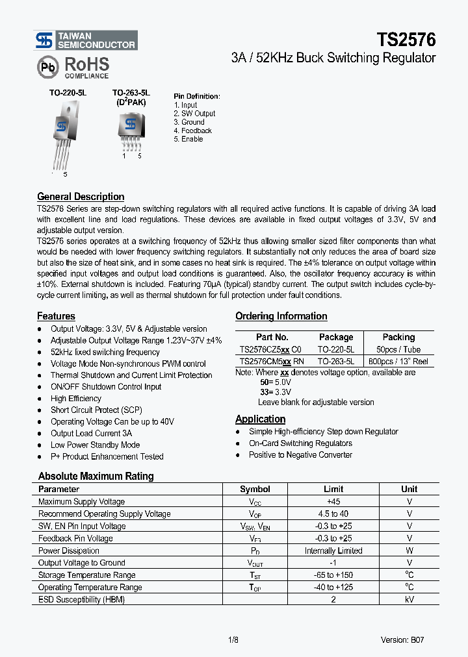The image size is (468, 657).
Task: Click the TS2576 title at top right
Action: click(x=406, y=39)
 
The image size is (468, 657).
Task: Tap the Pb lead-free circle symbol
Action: click(x=47, y=67)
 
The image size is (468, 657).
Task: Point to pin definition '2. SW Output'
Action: click(x=194, y=114)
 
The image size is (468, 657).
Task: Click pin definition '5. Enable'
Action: click(x=188, y=139)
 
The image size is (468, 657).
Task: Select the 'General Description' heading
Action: click(x=81, y=197)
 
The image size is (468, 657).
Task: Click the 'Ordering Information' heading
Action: click(x=281, y=316)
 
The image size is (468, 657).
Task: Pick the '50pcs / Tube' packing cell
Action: click(x=398, y=349)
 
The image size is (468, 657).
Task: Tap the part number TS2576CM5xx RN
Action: click(x=272, y=361)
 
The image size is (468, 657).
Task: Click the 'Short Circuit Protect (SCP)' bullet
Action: click(x=96, y=410)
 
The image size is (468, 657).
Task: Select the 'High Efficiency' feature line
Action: click(x=76, y=399)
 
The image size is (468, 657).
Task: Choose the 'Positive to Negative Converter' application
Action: click(x=300, y=455)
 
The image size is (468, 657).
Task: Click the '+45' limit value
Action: click(x=333, y=502)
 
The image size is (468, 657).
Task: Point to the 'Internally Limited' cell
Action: click(x=333, y=551)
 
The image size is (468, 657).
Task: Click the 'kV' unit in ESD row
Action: click(x=409, y=599)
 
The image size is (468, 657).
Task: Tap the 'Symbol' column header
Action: click(x=255, y=490)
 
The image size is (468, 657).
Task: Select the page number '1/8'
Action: click(x=233, y=639)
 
